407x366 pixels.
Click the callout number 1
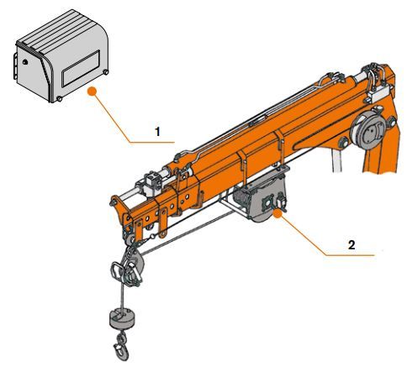pyautogui.click(x=156, y=132)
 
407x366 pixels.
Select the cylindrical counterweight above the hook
pyautogui.click(x=124, y=318)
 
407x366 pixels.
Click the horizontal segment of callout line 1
pyautogui.click(x=151, y=144)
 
